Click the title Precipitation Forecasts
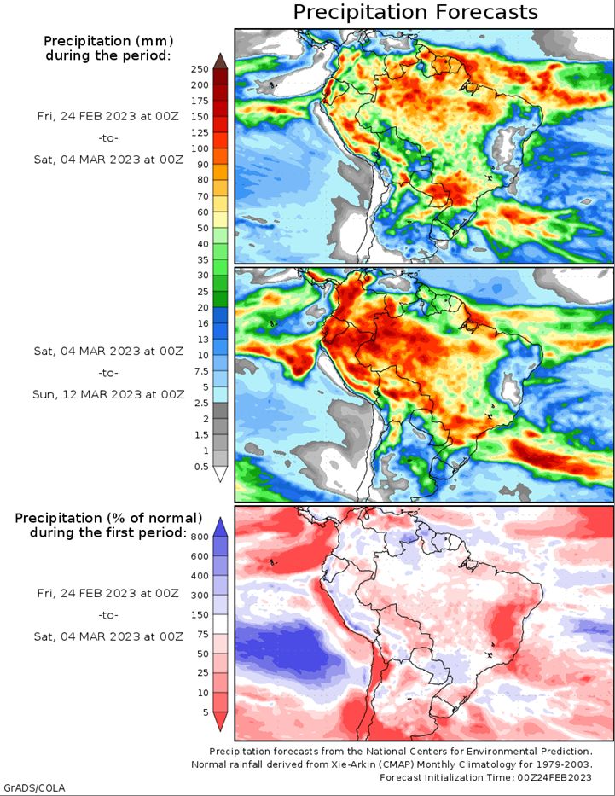pyautogui.click(x=415, y=12)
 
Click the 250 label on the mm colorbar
pyautogui.click(x=200, y=69)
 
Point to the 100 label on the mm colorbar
pyautogui.click(x=200, y=148)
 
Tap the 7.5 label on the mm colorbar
pyautogui.click(x=201, y=371)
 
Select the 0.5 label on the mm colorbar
pyautogui.click(x=201, y=467)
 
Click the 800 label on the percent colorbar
pyautogui.click(x=200, y=537)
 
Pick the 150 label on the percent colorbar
pyautogui.click(x=200, y=615)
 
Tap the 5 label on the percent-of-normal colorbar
pyautogui.click(x=206, y=712)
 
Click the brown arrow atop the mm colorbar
pyautogui.click(x=220, y=61)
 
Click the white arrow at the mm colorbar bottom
pyautogui.click(x=220, y=474)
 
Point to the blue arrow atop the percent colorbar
pyautogui.click(x=220, y=527)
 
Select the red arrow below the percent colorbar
pyautogui.click(x=220, y=722)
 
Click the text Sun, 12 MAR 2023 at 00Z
pyautogui.click(x=108, y=394)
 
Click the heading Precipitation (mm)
pyautogui.click(x=108, y=41)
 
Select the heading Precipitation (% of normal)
pyautogui.click(x=108, y=519)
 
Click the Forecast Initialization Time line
pyautogui.click(x=485, y=777)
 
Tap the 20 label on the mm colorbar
pyautogui.click(x=203, y=308)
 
